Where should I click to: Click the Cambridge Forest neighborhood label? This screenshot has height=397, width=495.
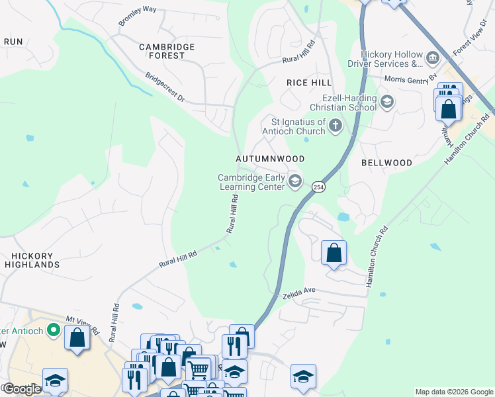167,52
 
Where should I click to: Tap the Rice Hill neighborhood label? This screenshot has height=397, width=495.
308,82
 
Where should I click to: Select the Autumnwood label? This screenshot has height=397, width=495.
271,159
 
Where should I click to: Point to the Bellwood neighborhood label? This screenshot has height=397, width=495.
387,162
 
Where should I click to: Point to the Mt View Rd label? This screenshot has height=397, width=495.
81,324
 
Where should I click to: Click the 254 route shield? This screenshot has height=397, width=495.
318,187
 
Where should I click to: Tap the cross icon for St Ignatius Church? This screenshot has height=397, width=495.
336,124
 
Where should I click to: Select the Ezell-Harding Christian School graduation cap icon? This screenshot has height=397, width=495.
387,102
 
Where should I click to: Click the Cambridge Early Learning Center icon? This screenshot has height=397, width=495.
295,181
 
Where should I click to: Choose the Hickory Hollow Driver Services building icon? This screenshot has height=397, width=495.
433,58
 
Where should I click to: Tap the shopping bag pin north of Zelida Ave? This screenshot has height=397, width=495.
334,253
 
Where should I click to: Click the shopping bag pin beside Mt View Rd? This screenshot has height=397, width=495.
77,337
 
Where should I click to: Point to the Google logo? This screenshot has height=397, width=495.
21,389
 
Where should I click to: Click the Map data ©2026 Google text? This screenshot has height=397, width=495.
453,392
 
